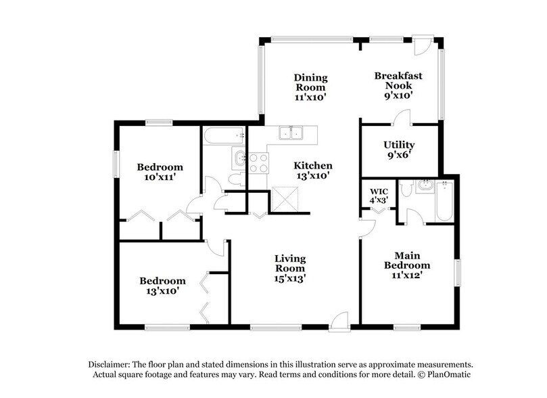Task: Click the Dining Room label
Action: click(x=310, y=87)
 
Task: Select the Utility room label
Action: click(x=399, y=145)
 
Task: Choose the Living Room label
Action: click(x=290, y=263)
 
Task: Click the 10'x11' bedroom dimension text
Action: click(x=160, y=177)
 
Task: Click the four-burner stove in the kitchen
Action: click(x=259, y=162)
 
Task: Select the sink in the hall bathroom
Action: click(x=238, y=160)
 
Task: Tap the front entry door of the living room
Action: click(x=339, y=322)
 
